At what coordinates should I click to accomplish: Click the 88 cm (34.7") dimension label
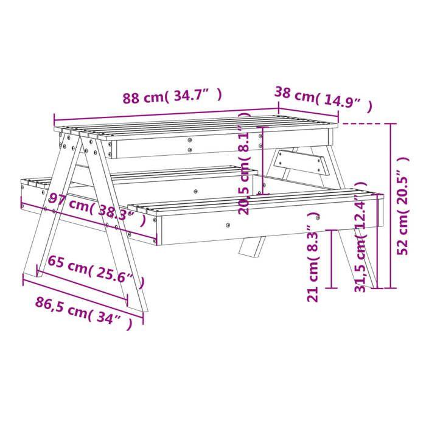(172, 97)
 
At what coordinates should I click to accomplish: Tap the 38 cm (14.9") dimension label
(323, 99)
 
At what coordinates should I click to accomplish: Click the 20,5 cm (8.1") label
(245, 170)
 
